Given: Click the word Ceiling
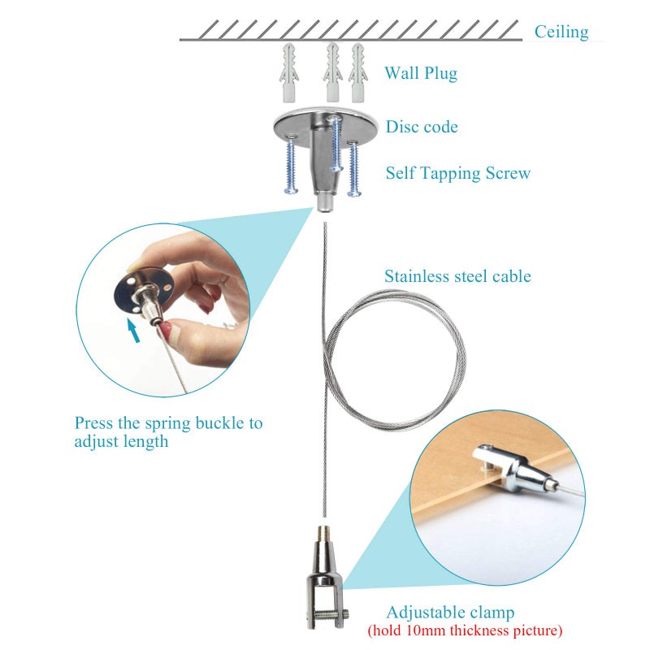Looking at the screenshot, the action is coord(561,32).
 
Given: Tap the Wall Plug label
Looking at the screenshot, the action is coord(421,73).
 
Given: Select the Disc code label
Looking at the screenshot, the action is coord(422,127).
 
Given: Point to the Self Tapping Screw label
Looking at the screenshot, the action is coord(457,173).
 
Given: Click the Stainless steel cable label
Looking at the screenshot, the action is coord(457,276).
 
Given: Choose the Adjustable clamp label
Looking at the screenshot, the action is coord(450,613).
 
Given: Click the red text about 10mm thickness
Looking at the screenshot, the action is coord(465,630).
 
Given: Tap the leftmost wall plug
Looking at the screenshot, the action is coord(289,72).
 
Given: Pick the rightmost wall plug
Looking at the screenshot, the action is coord(357,72).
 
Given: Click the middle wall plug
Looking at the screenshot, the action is coord(332,71).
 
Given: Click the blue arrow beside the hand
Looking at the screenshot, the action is coord(133,330).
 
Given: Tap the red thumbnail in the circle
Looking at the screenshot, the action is coord(165,330).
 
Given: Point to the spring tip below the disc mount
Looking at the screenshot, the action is coord(326,203).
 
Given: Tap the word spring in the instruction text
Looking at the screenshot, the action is coord(168,423).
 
